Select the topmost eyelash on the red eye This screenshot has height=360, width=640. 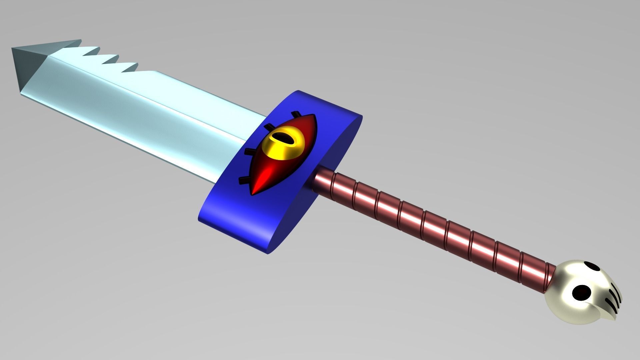[295, 114]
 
